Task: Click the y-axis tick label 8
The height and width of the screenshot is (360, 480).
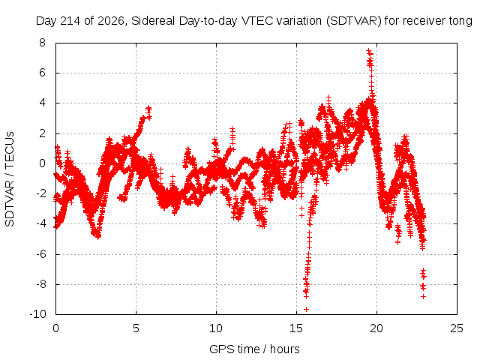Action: pyautogui.click(x=42, y=43)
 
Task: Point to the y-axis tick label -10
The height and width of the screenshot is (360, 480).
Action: pyautogui.click(x=37, y=314)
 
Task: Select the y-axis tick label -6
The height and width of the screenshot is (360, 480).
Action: pyautogui.click(x=40, y=253)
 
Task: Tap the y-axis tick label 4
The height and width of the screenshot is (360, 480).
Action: pyautogui.click(x=42, y=103)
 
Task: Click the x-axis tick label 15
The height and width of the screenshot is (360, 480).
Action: pyautogui.click(x=296, y=328)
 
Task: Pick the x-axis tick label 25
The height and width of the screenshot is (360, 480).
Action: pyautogui.click(x=457, y=328)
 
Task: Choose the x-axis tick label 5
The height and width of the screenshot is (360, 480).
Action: pyautogui.click(x=136, y=328)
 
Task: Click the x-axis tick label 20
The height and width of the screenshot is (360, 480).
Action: pyautogui.click(x=376, y=328)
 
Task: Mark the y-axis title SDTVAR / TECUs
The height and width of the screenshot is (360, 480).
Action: pyautogui.click(x=10, y=179)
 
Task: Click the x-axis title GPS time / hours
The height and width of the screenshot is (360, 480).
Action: pyautogui.click(x=254, y=349)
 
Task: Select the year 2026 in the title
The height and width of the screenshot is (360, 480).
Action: pyautogui.click(x=111, y=21)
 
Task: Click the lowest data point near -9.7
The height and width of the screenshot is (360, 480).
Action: pyautogui.click(x=306, y=309)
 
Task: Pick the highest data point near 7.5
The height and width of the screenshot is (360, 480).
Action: pyautogui.click(x=368, y=50)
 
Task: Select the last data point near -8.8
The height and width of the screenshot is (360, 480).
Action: pyautogui.click(x=423, y=296)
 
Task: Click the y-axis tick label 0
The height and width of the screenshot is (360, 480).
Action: pyautogui.click(x=42, y=163)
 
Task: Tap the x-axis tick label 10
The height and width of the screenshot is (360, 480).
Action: pyautogui.click(x=216, y=328)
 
